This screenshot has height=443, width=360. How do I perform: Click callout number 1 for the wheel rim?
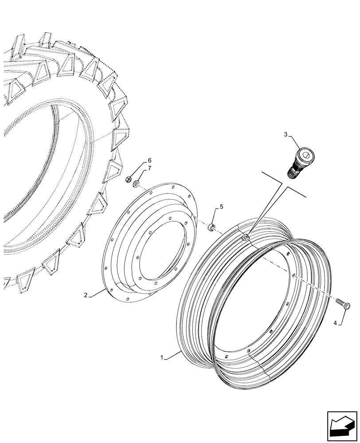[164, 357]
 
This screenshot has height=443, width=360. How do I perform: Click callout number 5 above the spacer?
[222, 207]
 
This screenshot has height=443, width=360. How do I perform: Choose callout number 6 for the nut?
[149, 160]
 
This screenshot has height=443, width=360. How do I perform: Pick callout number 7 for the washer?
[149, 168]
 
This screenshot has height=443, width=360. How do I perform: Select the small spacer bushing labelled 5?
[212, 228]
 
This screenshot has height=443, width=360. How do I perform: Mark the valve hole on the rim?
[245, 239]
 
